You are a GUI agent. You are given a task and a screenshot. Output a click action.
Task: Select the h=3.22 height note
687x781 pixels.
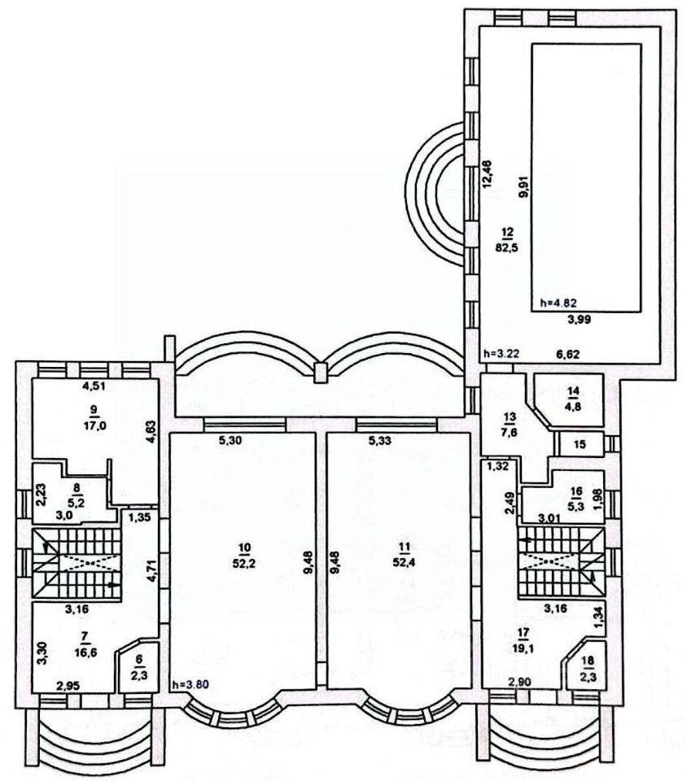pos(501,354)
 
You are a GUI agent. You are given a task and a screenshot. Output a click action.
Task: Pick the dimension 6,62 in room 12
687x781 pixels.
pos(570,354)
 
